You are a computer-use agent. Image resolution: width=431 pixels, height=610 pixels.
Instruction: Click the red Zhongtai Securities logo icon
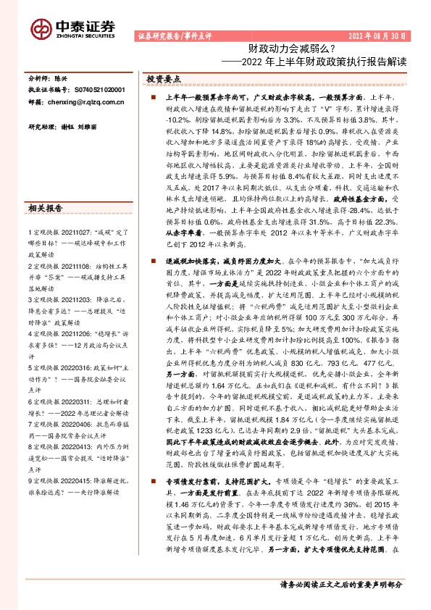(x=41, y=28)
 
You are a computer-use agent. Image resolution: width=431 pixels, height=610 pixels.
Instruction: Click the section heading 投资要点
(x=164, y=78)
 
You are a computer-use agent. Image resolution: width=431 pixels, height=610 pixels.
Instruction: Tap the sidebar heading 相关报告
(x=47, y=209)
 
